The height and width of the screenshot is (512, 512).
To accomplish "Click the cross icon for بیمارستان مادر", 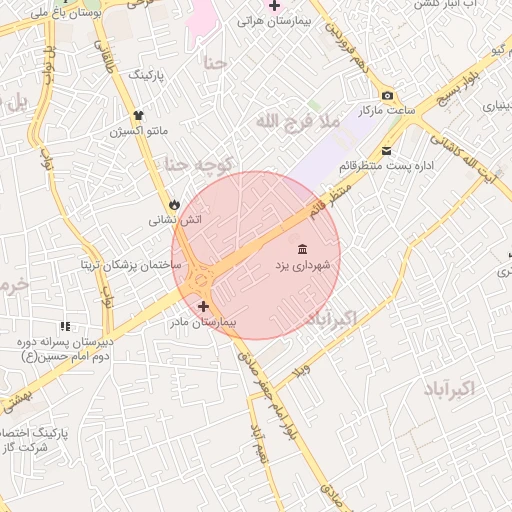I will coord(204,306).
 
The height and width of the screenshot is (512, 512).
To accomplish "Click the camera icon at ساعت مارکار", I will coord(388,95).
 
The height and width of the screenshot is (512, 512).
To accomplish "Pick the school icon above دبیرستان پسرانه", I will coord(66,326).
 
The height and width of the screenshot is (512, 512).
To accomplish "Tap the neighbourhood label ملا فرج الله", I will coord(298,121).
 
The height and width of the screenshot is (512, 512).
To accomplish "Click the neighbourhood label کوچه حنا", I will coord(199,164).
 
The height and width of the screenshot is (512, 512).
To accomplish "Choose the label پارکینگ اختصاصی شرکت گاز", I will coord(40,441).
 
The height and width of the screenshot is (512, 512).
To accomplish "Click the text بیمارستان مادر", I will coord(204,323).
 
